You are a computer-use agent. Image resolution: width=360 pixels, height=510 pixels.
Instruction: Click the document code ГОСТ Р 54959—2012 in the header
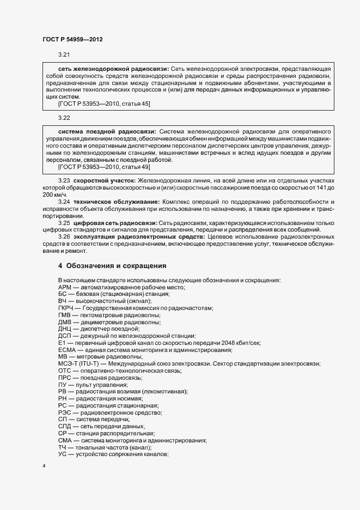click(x=72, y=39)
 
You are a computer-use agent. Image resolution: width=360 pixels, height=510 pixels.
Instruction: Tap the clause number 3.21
click(x=64, y=56)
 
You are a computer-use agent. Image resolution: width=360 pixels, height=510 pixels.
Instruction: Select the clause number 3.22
click(x=64, y=118)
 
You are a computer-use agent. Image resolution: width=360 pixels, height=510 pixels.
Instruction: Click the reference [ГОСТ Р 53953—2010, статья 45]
click(x=104, y=104)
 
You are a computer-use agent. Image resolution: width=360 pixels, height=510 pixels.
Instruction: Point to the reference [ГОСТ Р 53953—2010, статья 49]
click(x=104, y=167)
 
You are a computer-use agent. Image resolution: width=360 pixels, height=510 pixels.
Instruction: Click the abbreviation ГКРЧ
click(x=65, y=308)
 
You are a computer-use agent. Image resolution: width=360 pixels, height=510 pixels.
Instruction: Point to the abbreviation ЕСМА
click(x=66, y=350)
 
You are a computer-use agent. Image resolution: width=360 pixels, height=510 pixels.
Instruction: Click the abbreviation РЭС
click(x=64, y=412)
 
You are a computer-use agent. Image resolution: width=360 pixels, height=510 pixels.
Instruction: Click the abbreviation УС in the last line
click(x=62, y=454)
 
